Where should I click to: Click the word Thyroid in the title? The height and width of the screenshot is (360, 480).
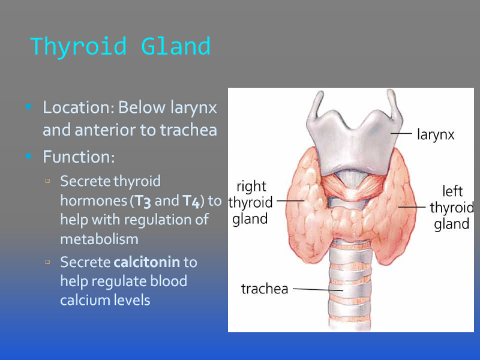[79, 47]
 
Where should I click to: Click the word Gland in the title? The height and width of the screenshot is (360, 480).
[176, 46]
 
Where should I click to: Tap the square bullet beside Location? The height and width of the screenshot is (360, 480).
[29, 107]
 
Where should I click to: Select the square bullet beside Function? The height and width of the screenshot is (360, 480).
[29, 156]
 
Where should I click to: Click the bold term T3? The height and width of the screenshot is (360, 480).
[143, 201]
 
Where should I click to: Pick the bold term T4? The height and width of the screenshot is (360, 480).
[191, 201]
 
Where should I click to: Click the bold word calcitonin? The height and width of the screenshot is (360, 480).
[146, 262]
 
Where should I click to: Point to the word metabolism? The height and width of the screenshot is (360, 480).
[99, 239]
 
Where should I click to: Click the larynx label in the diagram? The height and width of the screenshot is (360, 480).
[436, 134]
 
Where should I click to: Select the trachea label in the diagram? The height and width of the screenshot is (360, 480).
[265, 289]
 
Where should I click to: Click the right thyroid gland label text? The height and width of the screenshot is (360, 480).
[250, 203]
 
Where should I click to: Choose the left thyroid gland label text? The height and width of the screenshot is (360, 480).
[452, 208]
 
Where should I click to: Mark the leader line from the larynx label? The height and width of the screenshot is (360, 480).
[401, 133]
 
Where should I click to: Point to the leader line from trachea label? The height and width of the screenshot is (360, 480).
[318, 289]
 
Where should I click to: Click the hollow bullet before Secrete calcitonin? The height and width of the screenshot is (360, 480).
[47, 262]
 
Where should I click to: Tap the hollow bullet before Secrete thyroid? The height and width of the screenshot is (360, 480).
[47, 181]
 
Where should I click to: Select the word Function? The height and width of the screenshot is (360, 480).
[79, 157]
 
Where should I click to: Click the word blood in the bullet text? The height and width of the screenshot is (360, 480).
[169, 281]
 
